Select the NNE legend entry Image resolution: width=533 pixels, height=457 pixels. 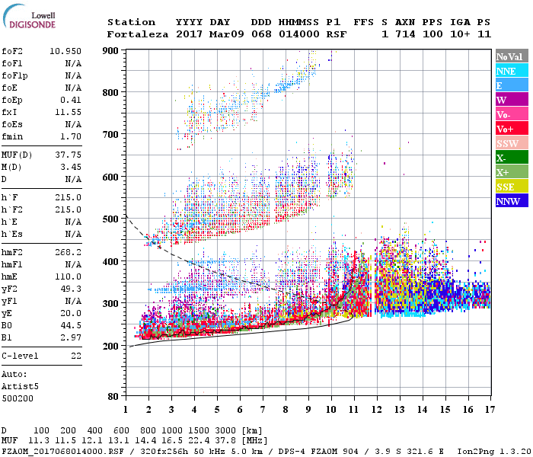[506, 71]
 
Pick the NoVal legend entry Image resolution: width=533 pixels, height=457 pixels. [509, 57]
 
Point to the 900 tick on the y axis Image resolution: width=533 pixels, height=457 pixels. [111, 50]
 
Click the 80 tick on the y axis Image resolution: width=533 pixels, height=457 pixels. [113, 396]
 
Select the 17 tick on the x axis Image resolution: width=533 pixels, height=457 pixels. [490, 410]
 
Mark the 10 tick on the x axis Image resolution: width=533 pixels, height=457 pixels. [330, 410]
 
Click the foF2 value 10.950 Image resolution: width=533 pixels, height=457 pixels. [65, 50]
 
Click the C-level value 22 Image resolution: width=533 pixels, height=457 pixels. [76, 356]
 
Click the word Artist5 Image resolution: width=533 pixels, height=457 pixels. [21, 386]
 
